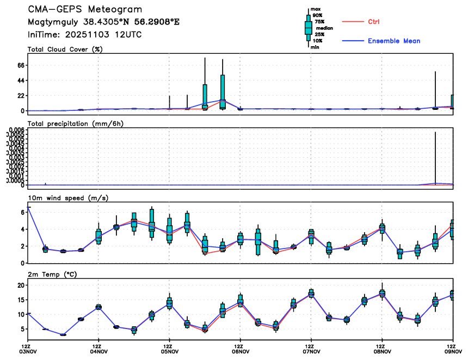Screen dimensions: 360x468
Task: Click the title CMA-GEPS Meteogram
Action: pyautogui.click(x=85, y=10)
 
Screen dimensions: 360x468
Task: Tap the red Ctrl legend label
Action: pyautogui.click(x=373, y=22)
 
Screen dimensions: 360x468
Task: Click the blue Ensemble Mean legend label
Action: pyautogui.click(x=394, y=41)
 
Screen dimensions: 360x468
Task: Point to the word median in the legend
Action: pyautogui.click(x=324, y=28)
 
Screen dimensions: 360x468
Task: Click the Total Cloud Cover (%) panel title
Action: pyautogui.click(x=65, y=49)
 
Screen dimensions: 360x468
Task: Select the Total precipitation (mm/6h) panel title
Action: pyautogui.click(x=76, y=123)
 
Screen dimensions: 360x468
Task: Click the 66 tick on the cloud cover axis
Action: pyautogui.click(x=22, y=65)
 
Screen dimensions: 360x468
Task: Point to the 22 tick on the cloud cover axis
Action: pyautogui.click(x=22, y=96)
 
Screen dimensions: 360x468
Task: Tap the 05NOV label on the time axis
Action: pyautogui.click(x=169, y=352)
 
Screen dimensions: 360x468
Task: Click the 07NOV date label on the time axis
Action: pyautogui.click(x=310, y=352)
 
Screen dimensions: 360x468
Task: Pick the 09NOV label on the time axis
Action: pyautogui.click(x=452, y=352)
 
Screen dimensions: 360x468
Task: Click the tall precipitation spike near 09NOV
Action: pyautogui.click(x=435, y=158)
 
